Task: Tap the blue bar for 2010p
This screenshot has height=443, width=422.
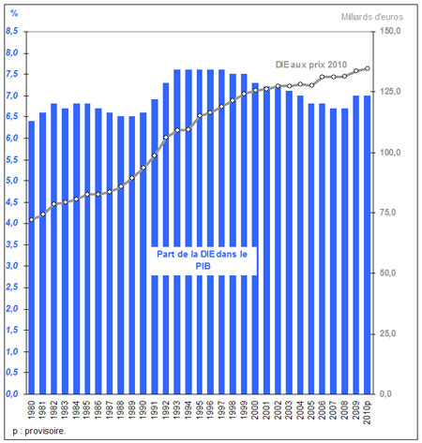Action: click(x=367, y=244)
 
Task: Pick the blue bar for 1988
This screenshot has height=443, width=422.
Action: click(x=121, y=255)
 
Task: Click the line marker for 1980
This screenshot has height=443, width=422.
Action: click(x=32, y=220)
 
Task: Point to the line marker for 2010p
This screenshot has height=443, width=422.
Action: click(x=368, y=68)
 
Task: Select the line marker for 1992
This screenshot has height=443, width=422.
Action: click(x=166, y=138)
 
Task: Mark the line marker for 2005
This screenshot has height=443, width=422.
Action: click(x=311, y=85)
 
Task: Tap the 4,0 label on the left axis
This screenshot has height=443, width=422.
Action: click(x=12, y=223)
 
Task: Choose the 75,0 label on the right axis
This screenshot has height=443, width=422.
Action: click(x=388, y=213)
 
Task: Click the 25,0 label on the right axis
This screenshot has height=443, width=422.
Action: click(x=388, y=333)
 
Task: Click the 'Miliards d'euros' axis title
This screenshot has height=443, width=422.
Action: click(x=372, y=17)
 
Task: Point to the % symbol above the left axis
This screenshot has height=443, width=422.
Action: click(x=14, y=13)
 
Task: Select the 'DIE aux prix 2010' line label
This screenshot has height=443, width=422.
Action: click(x=311, y=65)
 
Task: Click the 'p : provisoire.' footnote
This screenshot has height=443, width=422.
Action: click(x=39, y=431)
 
